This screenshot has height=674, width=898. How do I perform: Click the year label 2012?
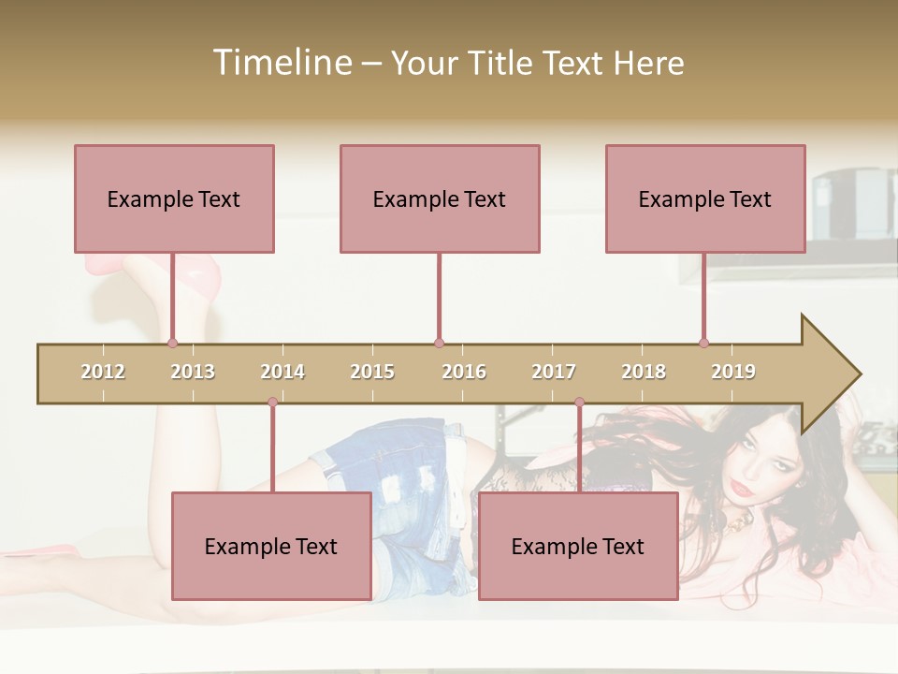(103, 372)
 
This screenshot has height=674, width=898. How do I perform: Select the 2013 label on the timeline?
(193, 372)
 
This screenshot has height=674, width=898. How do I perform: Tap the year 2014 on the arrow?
(282, 372)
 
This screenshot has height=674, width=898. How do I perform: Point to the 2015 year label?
(372, 372)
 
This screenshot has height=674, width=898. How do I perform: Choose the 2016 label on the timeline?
(464, 372)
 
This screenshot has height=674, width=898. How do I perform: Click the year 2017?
(554, 372)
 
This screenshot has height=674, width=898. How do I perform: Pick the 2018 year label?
(644, 372)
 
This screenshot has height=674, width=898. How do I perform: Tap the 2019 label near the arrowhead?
(733, 372)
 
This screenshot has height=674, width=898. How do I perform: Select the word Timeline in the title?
(282, 63)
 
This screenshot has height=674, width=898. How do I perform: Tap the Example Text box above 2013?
(174, 198)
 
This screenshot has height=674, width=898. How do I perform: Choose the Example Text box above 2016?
(440, 198)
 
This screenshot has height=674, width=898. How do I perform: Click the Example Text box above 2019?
(705, 198)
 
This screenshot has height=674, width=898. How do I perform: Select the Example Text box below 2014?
(271, 546)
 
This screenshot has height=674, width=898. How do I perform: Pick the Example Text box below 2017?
(578, 546)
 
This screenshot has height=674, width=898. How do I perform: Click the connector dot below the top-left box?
(172, 343)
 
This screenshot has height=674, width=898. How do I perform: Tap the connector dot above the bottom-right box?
(579, 403)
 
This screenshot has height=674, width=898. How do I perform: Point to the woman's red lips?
(741, 489)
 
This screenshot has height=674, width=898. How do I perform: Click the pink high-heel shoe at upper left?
(201, 276)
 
